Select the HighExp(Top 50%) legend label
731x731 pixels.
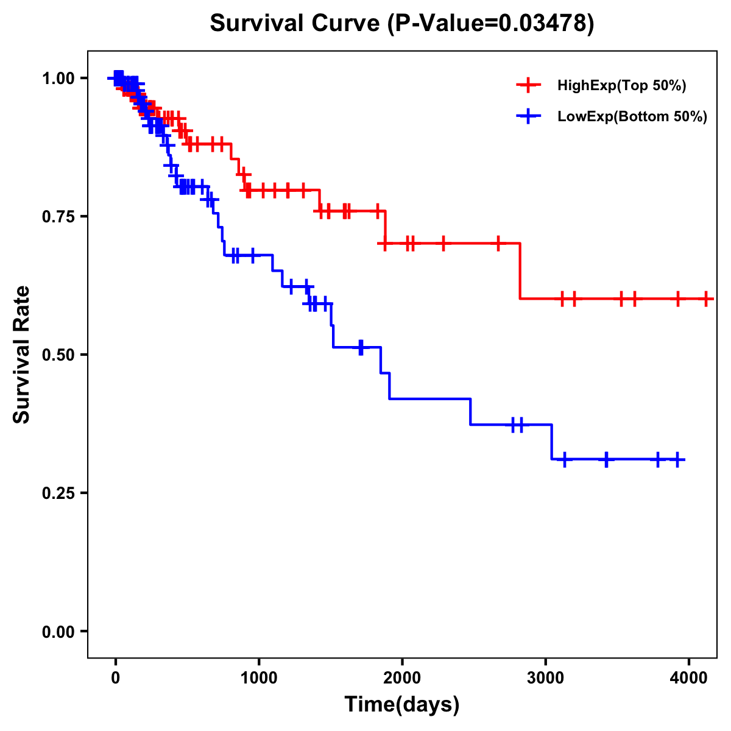[621, 86]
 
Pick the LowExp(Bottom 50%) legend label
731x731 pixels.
[632, 117]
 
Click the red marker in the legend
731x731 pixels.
[528, 86]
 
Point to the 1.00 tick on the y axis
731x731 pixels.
[58, 78]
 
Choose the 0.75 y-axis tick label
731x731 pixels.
[58, 216]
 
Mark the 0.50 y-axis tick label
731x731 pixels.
[58, 355]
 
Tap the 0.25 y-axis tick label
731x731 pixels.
[58, 493]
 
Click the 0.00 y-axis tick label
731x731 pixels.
[58, 631]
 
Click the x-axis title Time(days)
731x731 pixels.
[402, 705]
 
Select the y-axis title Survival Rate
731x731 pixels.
[22, 355]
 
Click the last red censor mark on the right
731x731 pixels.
[705, 299]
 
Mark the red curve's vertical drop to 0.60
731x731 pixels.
[520, 271]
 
